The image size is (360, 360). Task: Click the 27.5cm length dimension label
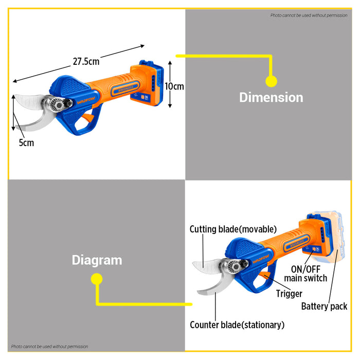pyautogui.click(x=86, y=61)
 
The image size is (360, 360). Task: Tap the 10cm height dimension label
pyautogui.click(x=174, y=86)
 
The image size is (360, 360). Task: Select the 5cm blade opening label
pyautogui.click(x=26, y=143)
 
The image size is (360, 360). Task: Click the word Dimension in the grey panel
pyautogui.click(x=271, y=97)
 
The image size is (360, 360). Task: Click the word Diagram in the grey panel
pyautogui.click(x=97, y=260)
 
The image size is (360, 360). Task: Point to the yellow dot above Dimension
pyautogui.click(x=271, y=81)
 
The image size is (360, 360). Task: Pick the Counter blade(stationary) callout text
pyautogui.click(x=237, y=325)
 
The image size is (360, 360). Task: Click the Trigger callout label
pyautogui.click(x=289, y=294)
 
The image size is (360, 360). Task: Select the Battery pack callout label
pyautogui.click(x=324, y=307)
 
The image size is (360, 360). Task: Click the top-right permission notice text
pyautogui.click(x=309, y=15)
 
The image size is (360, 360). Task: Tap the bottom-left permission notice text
pyautogui.click(x=49, y=347)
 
